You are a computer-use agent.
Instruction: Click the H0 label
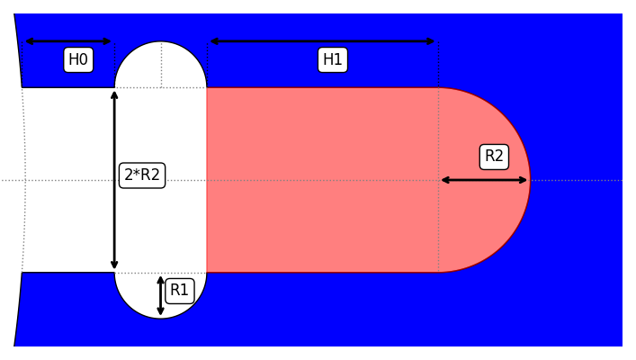(x=78, y=60)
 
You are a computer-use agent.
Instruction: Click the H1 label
(x=333, y=60)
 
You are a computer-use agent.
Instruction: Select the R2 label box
(x=494, y=157)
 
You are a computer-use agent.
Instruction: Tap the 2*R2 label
(x=142, y=175)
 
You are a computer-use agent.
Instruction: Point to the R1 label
(x=180, y=291)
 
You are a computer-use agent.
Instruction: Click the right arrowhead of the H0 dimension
(x=108, y=41)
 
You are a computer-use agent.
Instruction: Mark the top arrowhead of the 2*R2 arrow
(x=114, y=94)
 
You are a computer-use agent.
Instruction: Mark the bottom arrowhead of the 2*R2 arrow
(x=114, y=265)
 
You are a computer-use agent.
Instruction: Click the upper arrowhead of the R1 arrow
(x=161, y=279)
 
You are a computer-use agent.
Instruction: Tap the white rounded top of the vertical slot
(x=160, y=67)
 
